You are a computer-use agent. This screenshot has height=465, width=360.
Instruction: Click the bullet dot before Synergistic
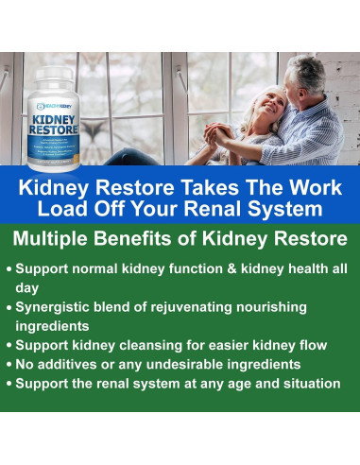9,309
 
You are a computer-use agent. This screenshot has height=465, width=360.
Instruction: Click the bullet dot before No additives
9,366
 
